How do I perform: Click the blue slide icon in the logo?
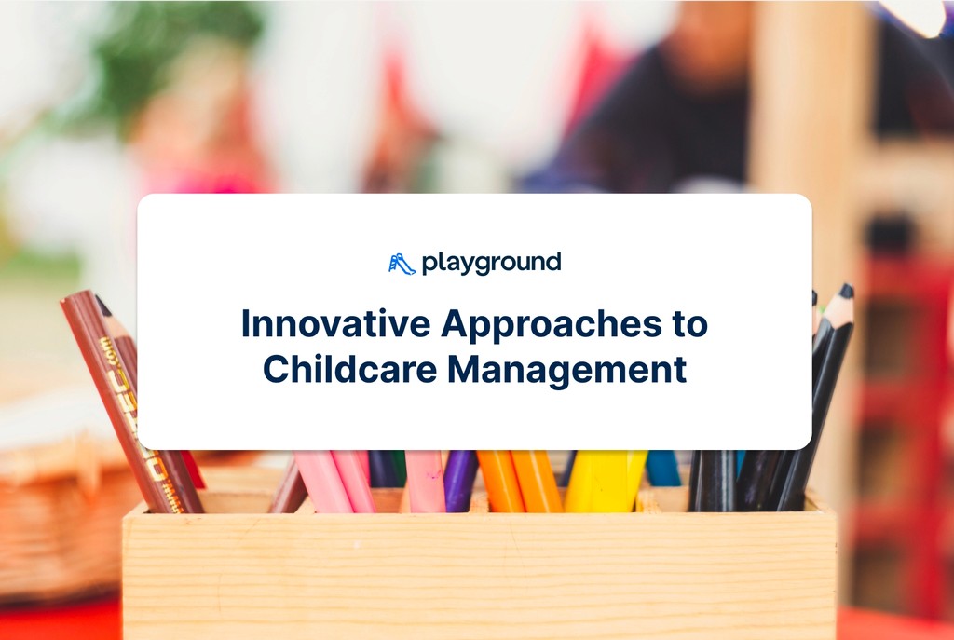tap(402, 264)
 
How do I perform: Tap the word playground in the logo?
tap(491, 264)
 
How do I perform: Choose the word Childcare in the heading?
tap(348, 369)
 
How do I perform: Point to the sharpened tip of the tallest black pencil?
tap(846, 292)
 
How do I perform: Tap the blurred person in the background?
tap(680, 102)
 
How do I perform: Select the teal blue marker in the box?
tap(663, 468)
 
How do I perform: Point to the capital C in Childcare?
tap(276, 369)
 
